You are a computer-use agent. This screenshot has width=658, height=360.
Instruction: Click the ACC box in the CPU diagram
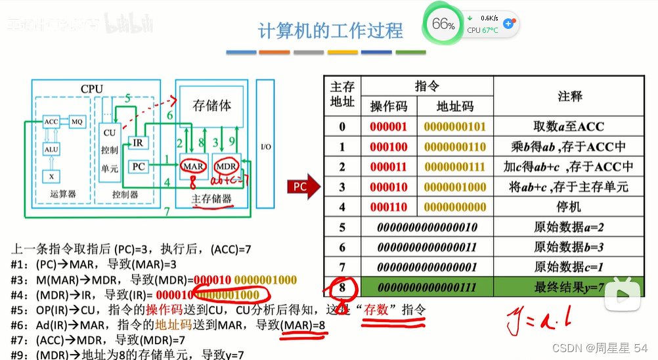51,122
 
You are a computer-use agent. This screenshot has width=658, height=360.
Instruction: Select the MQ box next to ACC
77,122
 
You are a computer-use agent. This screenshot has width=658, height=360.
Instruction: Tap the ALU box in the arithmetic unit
51,149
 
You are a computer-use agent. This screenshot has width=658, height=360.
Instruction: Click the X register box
51,176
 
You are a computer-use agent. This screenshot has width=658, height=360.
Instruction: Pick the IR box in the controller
138,143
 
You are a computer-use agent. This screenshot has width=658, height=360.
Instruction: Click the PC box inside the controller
138,166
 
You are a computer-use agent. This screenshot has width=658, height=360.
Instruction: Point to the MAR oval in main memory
194,166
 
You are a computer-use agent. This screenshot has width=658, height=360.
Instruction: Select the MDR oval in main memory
227,166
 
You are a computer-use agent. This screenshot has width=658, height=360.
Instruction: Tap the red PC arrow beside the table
303,187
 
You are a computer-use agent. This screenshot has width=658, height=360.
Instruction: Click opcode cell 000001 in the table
388,127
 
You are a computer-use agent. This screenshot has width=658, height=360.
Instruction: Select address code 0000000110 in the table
455,147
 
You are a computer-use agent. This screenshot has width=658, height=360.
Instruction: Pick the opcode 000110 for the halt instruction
388,207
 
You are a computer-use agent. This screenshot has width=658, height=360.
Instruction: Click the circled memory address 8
342,288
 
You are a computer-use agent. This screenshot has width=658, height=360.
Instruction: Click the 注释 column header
569,97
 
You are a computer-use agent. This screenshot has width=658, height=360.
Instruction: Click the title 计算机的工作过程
330,30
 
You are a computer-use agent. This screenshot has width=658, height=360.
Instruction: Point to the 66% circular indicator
443,25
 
